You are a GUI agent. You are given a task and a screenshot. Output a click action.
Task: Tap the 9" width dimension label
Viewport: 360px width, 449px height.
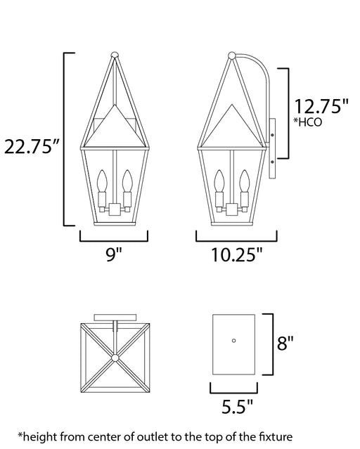(x=114, y=254)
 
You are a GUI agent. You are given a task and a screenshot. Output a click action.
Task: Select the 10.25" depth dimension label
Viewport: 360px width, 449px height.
(x=237, y=254)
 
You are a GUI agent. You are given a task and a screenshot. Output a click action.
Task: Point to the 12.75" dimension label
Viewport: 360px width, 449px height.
(x=321, y=106)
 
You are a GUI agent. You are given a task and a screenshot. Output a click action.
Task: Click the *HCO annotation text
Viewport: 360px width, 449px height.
(x=307, y=122)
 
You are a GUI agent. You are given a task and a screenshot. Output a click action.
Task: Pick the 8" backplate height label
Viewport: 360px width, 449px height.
(x=285, y=342)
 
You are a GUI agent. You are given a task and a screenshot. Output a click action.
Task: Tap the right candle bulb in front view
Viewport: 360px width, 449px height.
(x=127, y=181)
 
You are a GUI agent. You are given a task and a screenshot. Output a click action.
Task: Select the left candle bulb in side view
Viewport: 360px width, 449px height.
(x=219, y=181)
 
